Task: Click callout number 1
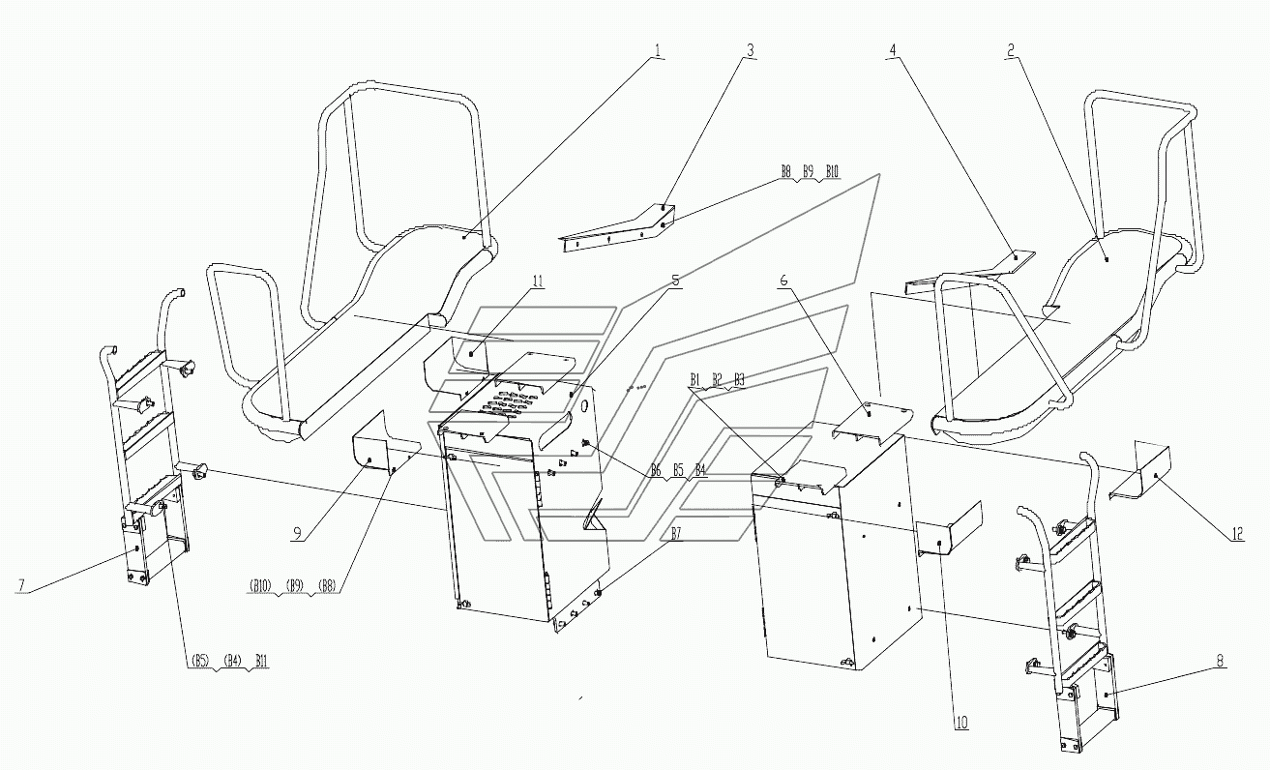click(657, 50)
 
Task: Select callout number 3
click(750, 50)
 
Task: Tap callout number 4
click(893, 50)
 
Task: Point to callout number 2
click(1010, 50)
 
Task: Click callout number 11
click(538, 281)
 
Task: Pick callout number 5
click(675, 281)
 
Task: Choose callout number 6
click(784, 281)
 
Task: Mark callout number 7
click(22, 585)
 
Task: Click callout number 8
click(1220, 661)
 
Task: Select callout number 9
click(297, 534)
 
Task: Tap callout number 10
click(961, 723)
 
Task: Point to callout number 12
click(1237, 534)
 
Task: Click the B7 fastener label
click(676, 534)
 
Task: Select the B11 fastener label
click(261, 661)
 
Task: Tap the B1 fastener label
click(695, 379)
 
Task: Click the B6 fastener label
click(656, 470)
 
